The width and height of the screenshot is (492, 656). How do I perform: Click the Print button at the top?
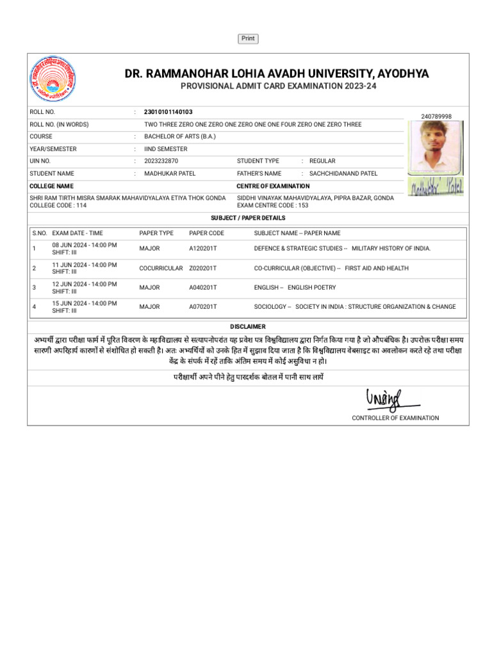(x=248, y=38)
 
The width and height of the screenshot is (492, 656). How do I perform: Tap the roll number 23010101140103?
(x=168, y=112)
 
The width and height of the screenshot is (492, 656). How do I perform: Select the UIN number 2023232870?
(x=161, y=161)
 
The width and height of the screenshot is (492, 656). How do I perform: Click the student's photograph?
(x=436, y=146)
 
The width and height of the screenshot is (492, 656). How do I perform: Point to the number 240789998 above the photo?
(x=436, y=116)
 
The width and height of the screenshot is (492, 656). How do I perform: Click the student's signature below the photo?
(x=436, y=186)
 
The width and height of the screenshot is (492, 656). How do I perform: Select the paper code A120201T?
(x=203, y=249)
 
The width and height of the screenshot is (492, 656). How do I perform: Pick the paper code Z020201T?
(x=203, y=268)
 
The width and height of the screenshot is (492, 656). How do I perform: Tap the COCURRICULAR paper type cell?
(x=161, y=268)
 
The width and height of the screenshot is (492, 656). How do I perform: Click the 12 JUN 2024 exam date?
(x=84, y=284)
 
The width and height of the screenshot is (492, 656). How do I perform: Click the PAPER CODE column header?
(x=206, y=233)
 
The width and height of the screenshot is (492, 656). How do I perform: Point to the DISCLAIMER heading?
(x=248, y=327)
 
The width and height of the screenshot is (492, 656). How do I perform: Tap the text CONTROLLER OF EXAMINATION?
(x=395, y=418)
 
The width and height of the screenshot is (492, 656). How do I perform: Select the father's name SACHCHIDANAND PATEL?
(x=343, y=174)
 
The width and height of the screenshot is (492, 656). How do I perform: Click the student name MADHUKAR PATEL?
(x=170, y=174)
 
